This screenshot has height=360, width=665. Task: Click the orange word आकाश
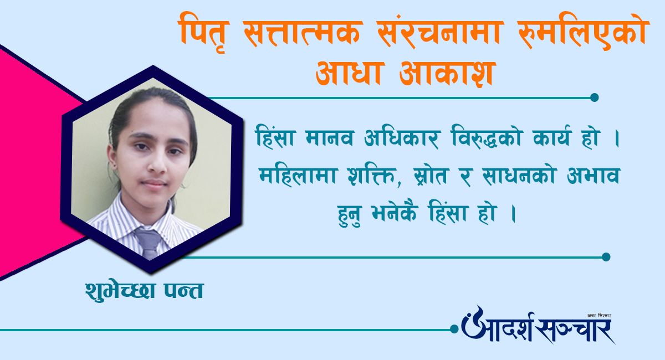point(446,74)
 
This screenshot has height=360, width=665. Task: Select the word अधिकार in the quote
point(401,136)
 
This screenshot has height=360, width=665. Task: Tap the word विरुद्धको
point(487,136)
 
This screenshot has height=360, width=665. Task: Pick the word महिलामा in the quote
point(298,175)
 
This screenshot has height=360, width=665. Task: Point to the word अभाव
point(594,176)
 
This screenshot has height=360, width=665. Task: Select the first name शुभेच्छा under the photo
point(120,290)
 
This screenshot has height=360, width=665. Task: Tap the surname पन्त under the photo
point(184,290)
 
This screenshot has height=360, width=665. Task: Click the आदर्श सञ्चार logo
point(538,326)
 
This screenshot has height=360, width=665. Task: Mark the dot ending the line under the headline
point(594,97)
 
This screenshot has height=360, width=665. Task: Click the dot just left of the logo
point(454,329)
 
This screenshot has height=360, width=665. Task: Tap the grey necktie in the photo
point(149,242)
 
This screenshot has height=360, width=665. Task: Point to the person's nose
point(156,164)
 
